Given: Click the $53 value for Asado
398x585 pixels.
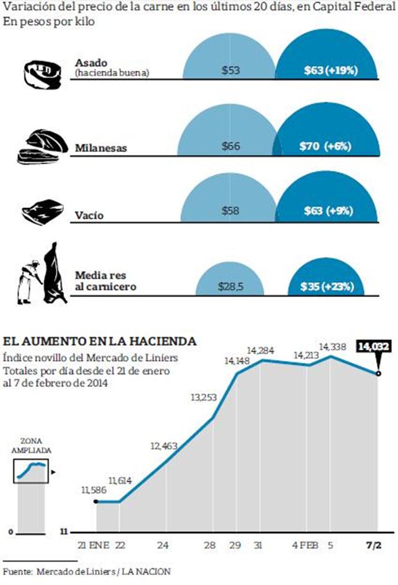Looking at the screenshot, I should [231, 70].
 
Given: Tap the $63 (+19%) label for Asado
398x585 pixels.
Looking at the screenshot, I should [331, 70].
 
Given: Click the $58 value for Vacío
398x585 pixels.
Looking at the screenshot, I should [231, 211].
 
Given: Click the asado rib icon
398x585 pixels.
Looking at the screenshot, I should [43, 73].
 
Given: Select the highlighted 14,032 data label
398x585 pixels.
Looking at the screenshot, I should [373, 347].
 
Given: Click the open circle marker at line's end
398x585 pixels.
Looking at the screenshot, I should [378, 373].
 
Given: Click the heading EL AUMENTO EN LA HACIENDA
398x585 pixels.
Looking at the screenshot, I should [101, 341].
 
